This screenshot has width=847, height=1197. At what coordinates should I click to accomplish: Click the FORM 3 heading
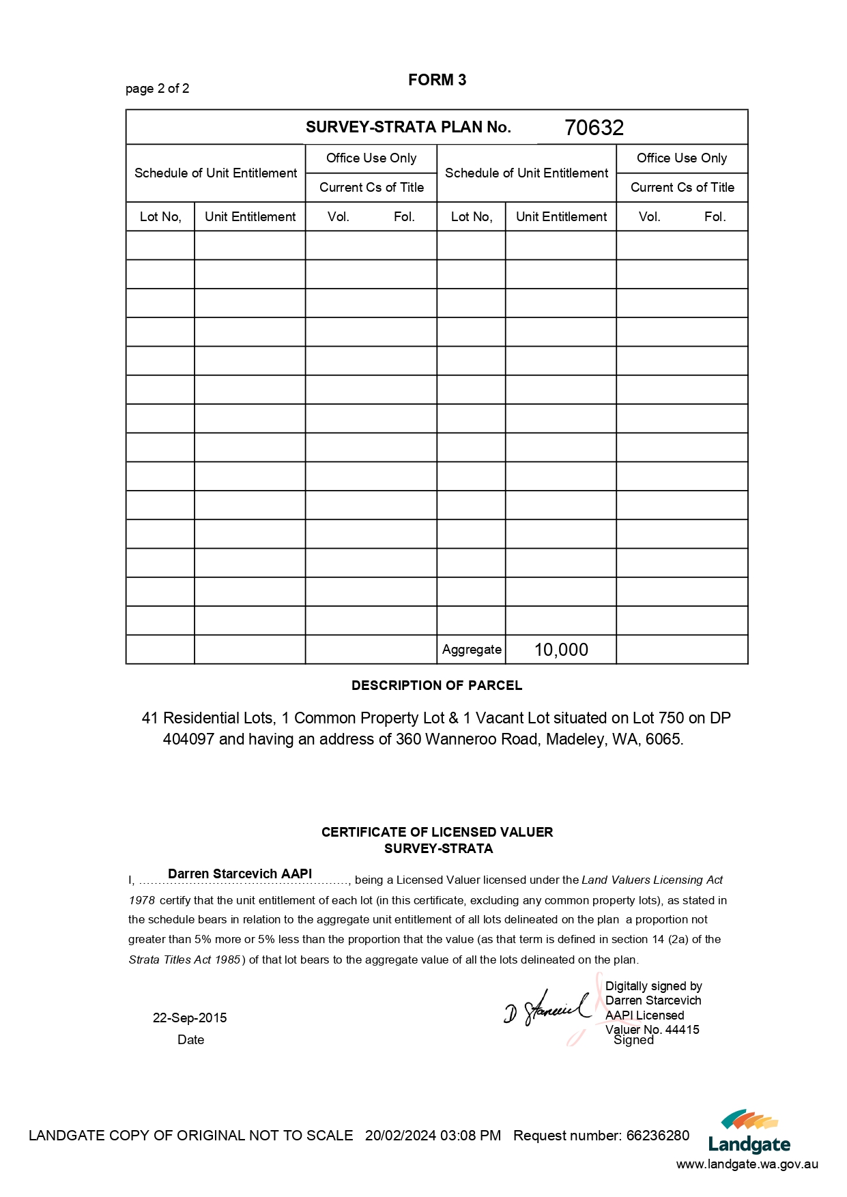(437, 80)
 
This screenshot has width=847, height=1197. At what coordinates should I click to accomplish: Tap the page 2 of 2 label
(157, 89)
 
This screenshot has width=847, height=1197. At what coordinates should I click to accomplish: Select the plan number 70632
(594, 128)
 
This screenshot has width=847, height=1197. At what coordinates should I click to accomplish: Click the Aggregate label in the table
(472, 650)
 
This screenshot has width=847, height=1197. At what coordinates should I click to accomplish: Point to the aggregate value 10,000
(561, 650)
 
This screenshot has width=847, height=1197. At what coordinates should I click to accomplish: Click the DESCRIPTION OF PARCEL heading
(437, 685)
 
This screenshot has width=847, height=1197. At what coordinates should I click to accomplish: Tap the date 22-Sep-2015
(190, 1018)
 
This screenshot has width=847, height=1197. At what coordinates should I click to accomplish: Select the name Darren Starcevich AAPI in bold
(240, 874)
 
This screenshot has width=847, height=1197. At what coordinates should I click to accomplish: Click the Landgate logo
(749, 1132)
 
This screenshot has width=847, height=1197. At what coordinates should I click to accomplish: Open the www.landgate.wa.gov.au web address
(747, 1164)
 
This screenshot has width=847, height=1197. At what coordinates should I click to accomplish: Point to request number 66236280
(658, 1136)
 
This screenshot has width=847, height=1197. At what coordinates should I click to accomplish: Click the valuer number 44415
(682, 1029)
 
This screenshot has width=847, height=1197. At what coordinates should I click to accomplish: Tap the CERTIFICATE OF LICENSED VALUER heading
(437, 832)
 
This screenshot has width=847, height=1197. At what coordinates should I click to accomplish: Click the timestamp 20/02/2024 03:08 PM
(433, 1136)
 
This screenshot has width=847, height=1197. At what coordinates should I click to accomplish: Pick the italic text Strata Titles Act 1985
(184, 960)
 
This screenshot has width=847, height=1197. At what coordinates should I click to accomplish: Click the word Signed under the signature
(633, 1040)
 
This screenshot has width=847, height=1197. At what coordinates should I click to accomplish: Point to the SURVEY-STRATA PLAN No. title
(408, 127)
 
